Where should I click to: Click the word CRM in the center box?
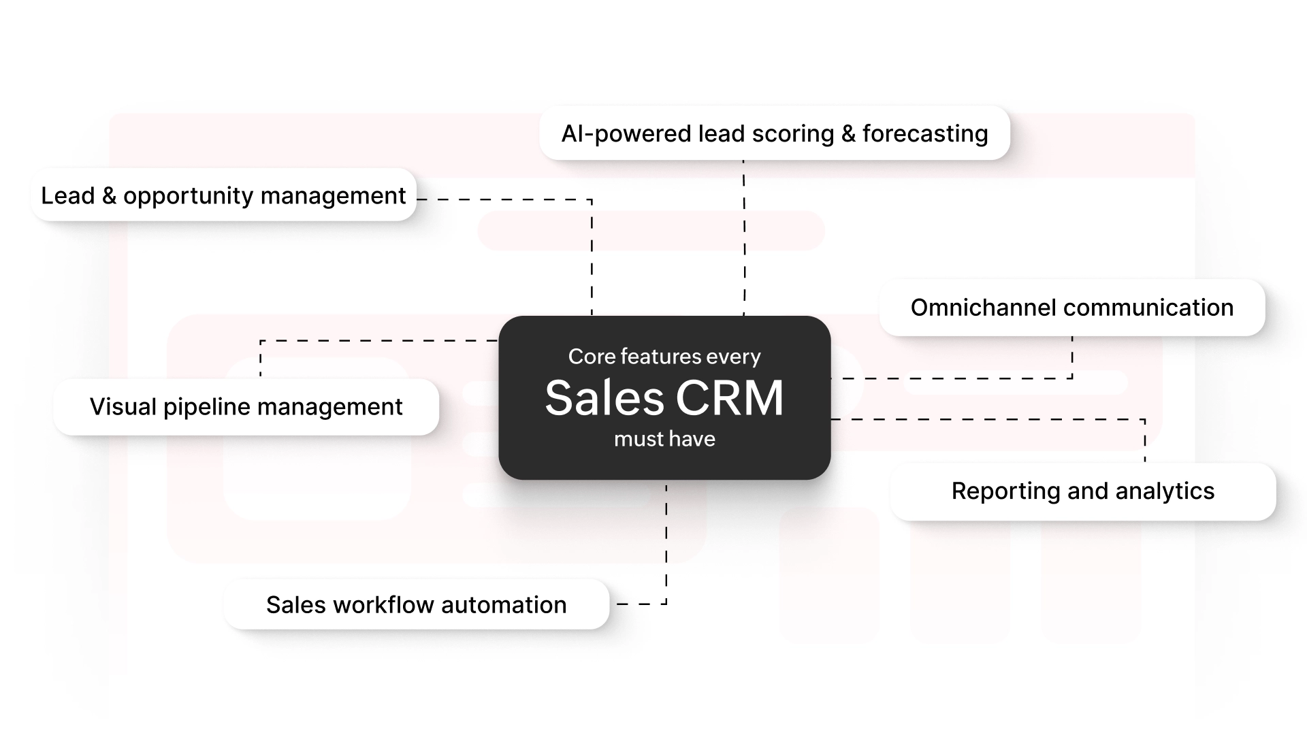coord(729,398)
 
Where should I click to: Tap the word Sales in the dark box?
coord(604,398)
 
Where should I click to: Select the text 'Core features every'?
coord(664,357)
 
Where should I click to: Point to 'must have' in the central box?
coord(664,439)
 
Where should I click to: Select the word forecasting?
coord(925,134)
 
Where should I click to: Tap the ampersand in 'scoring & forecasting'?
coord(848,134)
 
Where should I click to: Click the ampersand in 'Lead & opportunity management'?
coord(109,196)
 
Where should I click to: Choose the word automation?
coord(504,605)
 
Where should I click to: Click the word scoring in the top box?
coord(792,134)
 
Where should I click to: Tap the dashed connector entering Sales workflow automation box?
coord(633,604)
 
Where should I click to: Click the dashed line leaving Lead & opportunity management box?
coord(504,199)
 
